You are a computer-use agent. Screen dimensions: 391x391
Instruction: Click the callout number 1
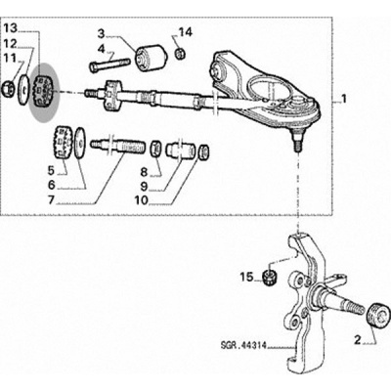point(344,98)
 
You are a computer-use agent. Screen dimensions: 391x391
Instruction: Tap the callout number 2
point(358,341)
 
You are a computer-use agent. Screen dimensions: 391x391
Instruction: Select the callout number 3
point(102,33)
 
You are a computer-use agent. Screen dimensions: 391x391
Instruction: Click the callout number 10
point(141,199)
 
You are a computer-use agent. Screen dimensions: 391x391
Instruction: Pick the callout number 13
point(10,28)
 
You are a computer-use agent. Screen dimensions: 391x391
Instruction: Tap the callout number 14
point(186,33)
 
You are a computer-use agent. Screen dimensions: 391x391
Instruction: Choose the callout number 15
point(246,277)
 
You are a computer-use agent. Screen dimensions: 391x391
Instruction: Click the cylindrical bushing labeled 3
point(152,58)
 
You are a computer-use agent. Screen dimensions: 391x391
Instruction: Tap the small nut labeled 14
point(180,53)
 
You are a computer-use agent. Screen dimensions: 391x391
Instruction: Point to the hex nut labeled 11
point(8,89)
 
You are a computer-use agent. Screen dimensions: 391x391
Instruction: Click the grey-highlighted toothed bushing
point(43,92)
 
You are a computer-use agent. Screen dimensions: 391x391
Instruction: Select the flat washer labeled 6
point(79,143)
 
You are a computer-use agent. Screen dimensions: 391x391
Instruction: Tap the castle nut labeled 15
point(270,278)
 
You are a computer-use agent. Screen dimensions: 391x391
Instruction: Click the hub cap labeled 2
point(378,314)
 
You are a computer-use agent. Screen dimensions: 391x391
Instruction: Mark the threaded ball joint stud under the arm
point(297,140)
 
